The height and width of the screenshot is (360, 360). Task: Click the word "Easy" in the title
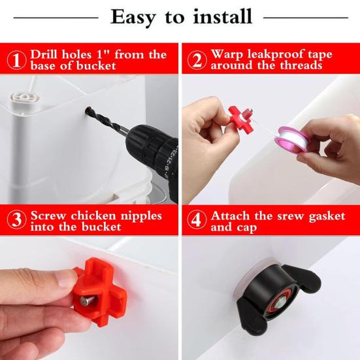(133, 18)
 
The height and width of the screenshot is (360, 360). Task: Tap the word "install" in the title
(223, 16)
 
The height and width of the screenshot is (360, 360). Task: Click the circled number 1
(16, 60)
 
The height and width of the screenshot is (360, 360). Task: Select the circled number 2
(197, 60)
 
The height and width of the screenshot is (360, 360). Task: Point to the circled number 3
(16, 220)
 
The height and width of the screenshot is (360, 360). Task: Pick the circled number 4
(197, 220)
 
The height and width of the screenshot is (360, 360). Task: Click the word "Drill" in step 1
(44, 54)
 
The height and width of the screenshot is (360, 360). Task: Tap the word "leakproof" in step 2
(276, 55)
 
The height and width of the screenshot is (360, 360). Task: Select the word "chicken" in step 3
(93, 216)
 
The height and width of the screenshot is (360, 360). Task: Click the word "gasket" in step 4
(327, 216)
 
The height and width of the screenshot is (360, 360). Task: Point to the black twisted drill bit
(106, 121)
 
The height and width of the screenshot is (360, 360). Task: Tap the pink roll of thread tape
(291, 139)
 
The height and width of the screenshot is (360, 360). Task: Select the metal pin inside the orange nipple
(87, 301)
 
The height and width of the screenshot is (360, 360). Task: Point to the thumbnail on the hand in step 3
(67, 278)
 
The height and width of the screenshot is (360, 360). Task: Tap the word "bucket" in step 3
(101, 227)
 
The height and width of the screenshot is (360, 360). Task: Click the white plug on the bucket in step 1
(25, 99)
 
